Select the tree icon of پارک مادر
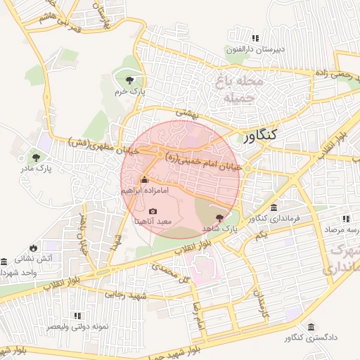click(36, 157)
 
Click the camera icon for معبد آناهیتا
click(153, 211)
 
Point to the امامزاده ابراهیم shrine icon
click(145, 180)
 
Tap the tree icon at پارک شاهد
click(221, 218)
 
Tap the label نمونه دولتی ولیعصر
click(77, 327)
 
